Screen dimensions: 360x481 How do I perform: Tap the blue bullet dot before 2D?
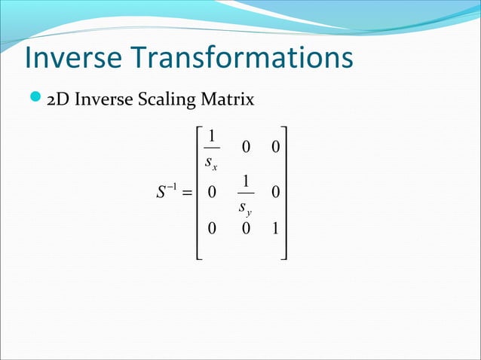(x=33, y=98)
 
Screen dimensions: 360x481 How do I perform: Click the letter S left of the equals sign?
(x=161, y=194)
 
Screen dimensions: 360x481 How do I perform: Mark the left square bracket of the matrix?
(x=200, y=194)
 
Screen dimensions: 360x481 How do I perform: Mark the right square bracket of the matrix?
(x=286, y=194)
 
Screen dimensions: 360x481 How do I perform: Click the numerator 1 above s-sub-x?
(x=213, y=136)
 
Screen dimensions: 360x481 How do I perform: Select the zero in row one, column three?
(x=275, y=148)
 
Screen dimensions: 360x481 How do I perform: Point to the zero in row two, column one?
(x=213, y=194)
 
